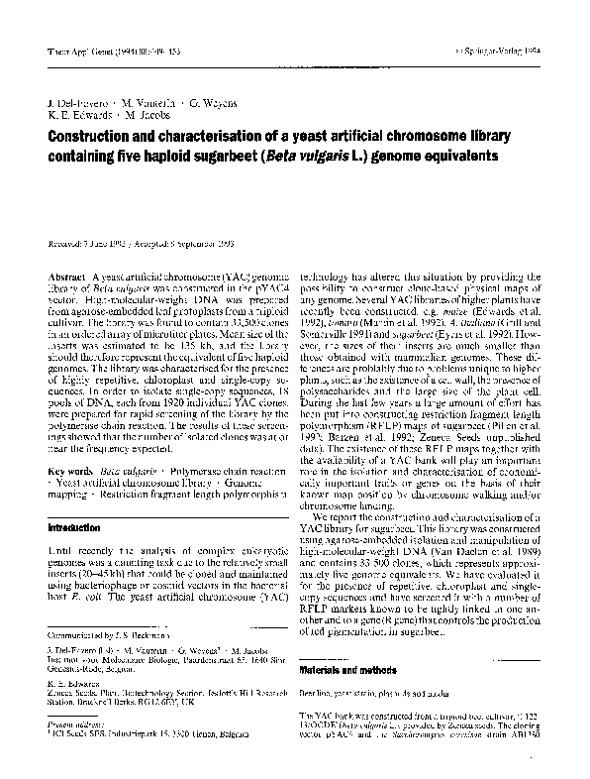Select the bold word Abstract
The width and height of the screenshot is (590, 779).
pyautogui.click(x=66, y=275)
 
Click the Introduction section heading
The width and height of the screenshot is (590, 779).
pyautogui.click(x=74, y=528)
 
